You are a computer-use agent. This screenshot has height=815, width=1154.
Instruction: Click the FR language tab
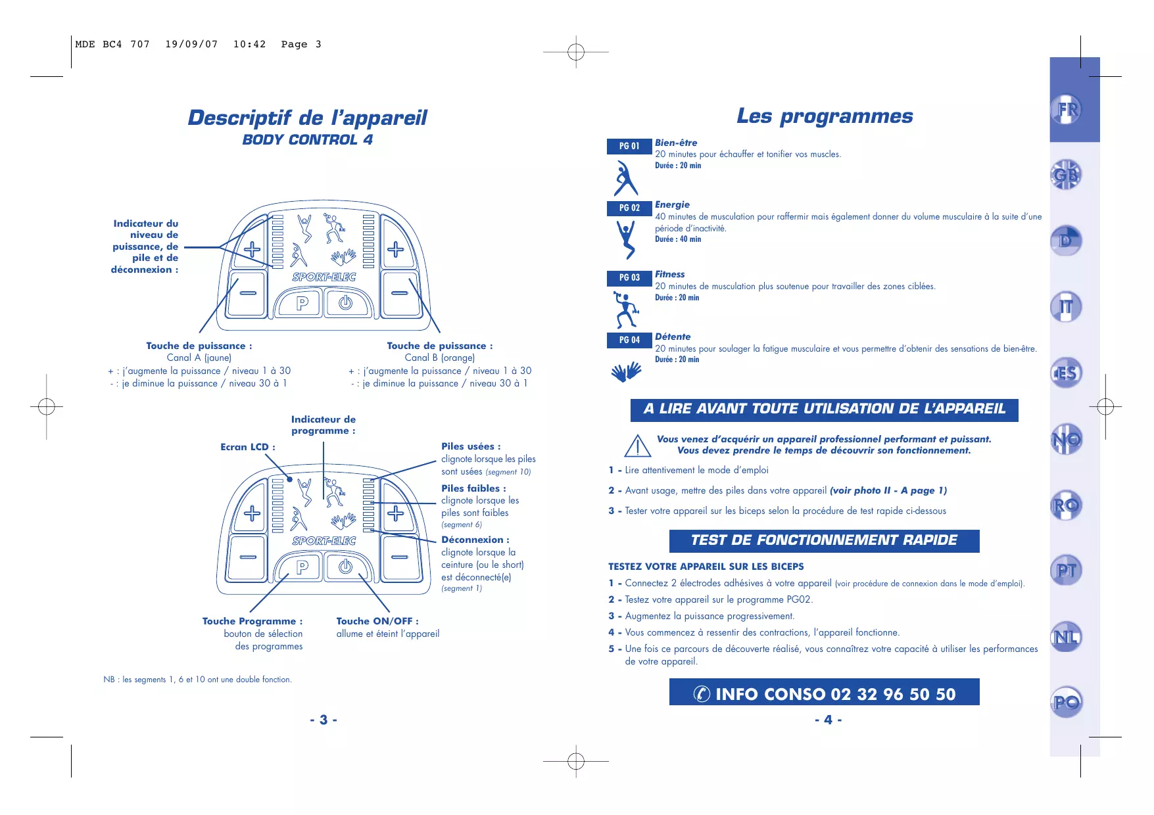(x=1067, y=109)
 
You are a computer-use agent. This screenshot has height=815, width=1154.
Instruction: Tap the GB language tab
(x=1066, y=175)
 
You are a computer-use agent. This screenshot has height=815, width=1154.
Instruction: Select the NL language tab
(x=1066, y=637)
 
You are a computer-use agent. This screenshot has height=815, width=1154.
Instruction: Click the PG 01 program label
(x=629, y=146)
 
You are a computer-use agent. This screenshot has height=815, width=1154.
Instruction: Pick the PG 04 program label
(x=629, y=340)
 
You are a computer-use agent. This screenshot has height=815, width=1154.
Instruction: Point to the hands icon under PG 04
(x=626, y=371)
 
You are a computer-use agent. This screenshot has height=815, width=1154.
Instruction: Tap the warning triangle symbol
(x=637, y=446)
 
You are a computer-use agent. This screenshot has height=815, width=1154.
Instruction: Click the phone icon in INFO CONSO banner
(x=702, y=693)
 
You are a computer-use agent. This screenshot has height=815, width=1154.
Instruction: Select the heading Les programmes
(x=825, y=116)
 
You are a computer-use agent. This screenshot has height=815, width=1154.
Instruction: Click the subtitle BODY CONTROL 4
(x=307, y=139)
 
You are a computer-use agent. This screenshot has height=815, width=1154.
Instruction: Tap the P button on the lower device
(x=302, y=567)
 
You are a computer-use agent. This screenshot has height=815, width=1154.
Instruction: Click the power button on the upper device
(x=345, y=303)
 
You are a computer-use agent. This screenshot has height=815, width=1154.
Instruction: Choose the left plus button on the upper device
(x=252, y=250)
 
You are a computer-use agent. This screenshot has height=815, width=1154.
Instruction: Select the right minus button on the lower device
(x=400, y=557)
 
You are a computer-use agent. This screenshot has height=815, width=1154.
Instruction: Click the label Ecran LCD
(x=247, y=447)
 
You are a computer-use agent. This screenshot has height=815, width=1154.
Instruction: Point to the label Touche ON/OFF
(x=377, y=621)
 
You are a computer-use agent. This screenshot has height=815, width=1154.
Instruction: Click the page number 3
(x=324, y=720)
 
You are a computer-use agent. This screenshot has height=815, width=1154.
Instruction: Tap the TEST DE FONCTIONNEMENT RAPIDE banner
(x=824, y=540)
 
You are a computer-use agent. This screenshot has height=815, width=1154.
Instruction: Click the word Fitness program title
(x=669, y=274)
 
